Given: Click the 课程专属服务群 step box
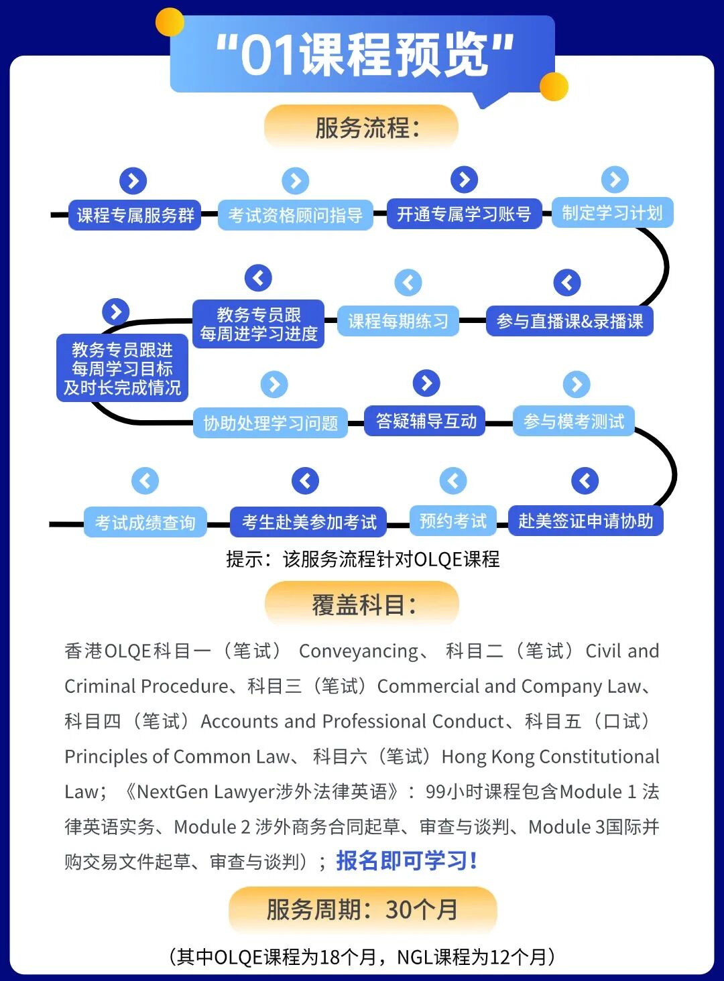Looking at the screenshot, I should [x=135, y=215].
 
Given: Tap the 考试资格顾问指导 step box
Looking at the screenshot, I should [x=295, y=215].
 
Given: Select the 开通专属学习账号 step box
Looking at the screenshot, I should [x=464, y=214].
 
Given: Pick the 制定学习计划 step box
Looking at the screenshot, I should [x=612, y=212].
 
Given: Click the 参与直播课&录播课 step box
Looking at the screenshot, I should [x=569, y=321].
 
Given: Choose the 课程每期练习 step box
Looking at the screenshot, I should [x=398, y=321].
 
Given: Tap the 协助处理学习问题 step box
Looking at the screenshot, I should [x=270, y=423].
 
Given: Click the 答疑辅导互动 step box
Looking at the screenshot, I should [x=426, y=421].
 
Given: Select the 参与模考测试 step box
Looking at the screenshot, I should [x=574, y=421].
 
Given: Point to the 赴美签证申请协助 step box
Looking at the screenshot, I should [x=585, y=521].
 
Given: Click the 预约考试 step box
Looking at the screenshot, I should [x=452, y=521].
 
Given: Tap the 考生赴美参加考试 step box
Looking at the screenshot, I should [x=309, y=522].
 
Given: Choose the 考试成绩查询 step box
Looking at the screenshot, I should [x=145, y=523].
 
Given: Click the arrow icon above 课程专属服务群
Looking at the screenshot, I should [x=133, y=181].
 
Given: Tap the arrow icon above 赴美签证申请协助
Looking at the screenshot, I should [x=585, y=480].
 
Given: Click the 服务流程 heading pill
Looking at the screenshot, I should [x=361, y=127].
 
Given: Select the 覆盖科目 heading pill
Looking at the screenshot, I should [x=362, y=604].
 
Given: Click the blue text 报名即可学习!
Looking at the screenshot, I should [x=406, y=860].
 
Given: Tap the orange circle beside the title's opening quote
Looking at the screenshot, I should [x=170, y=22].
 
